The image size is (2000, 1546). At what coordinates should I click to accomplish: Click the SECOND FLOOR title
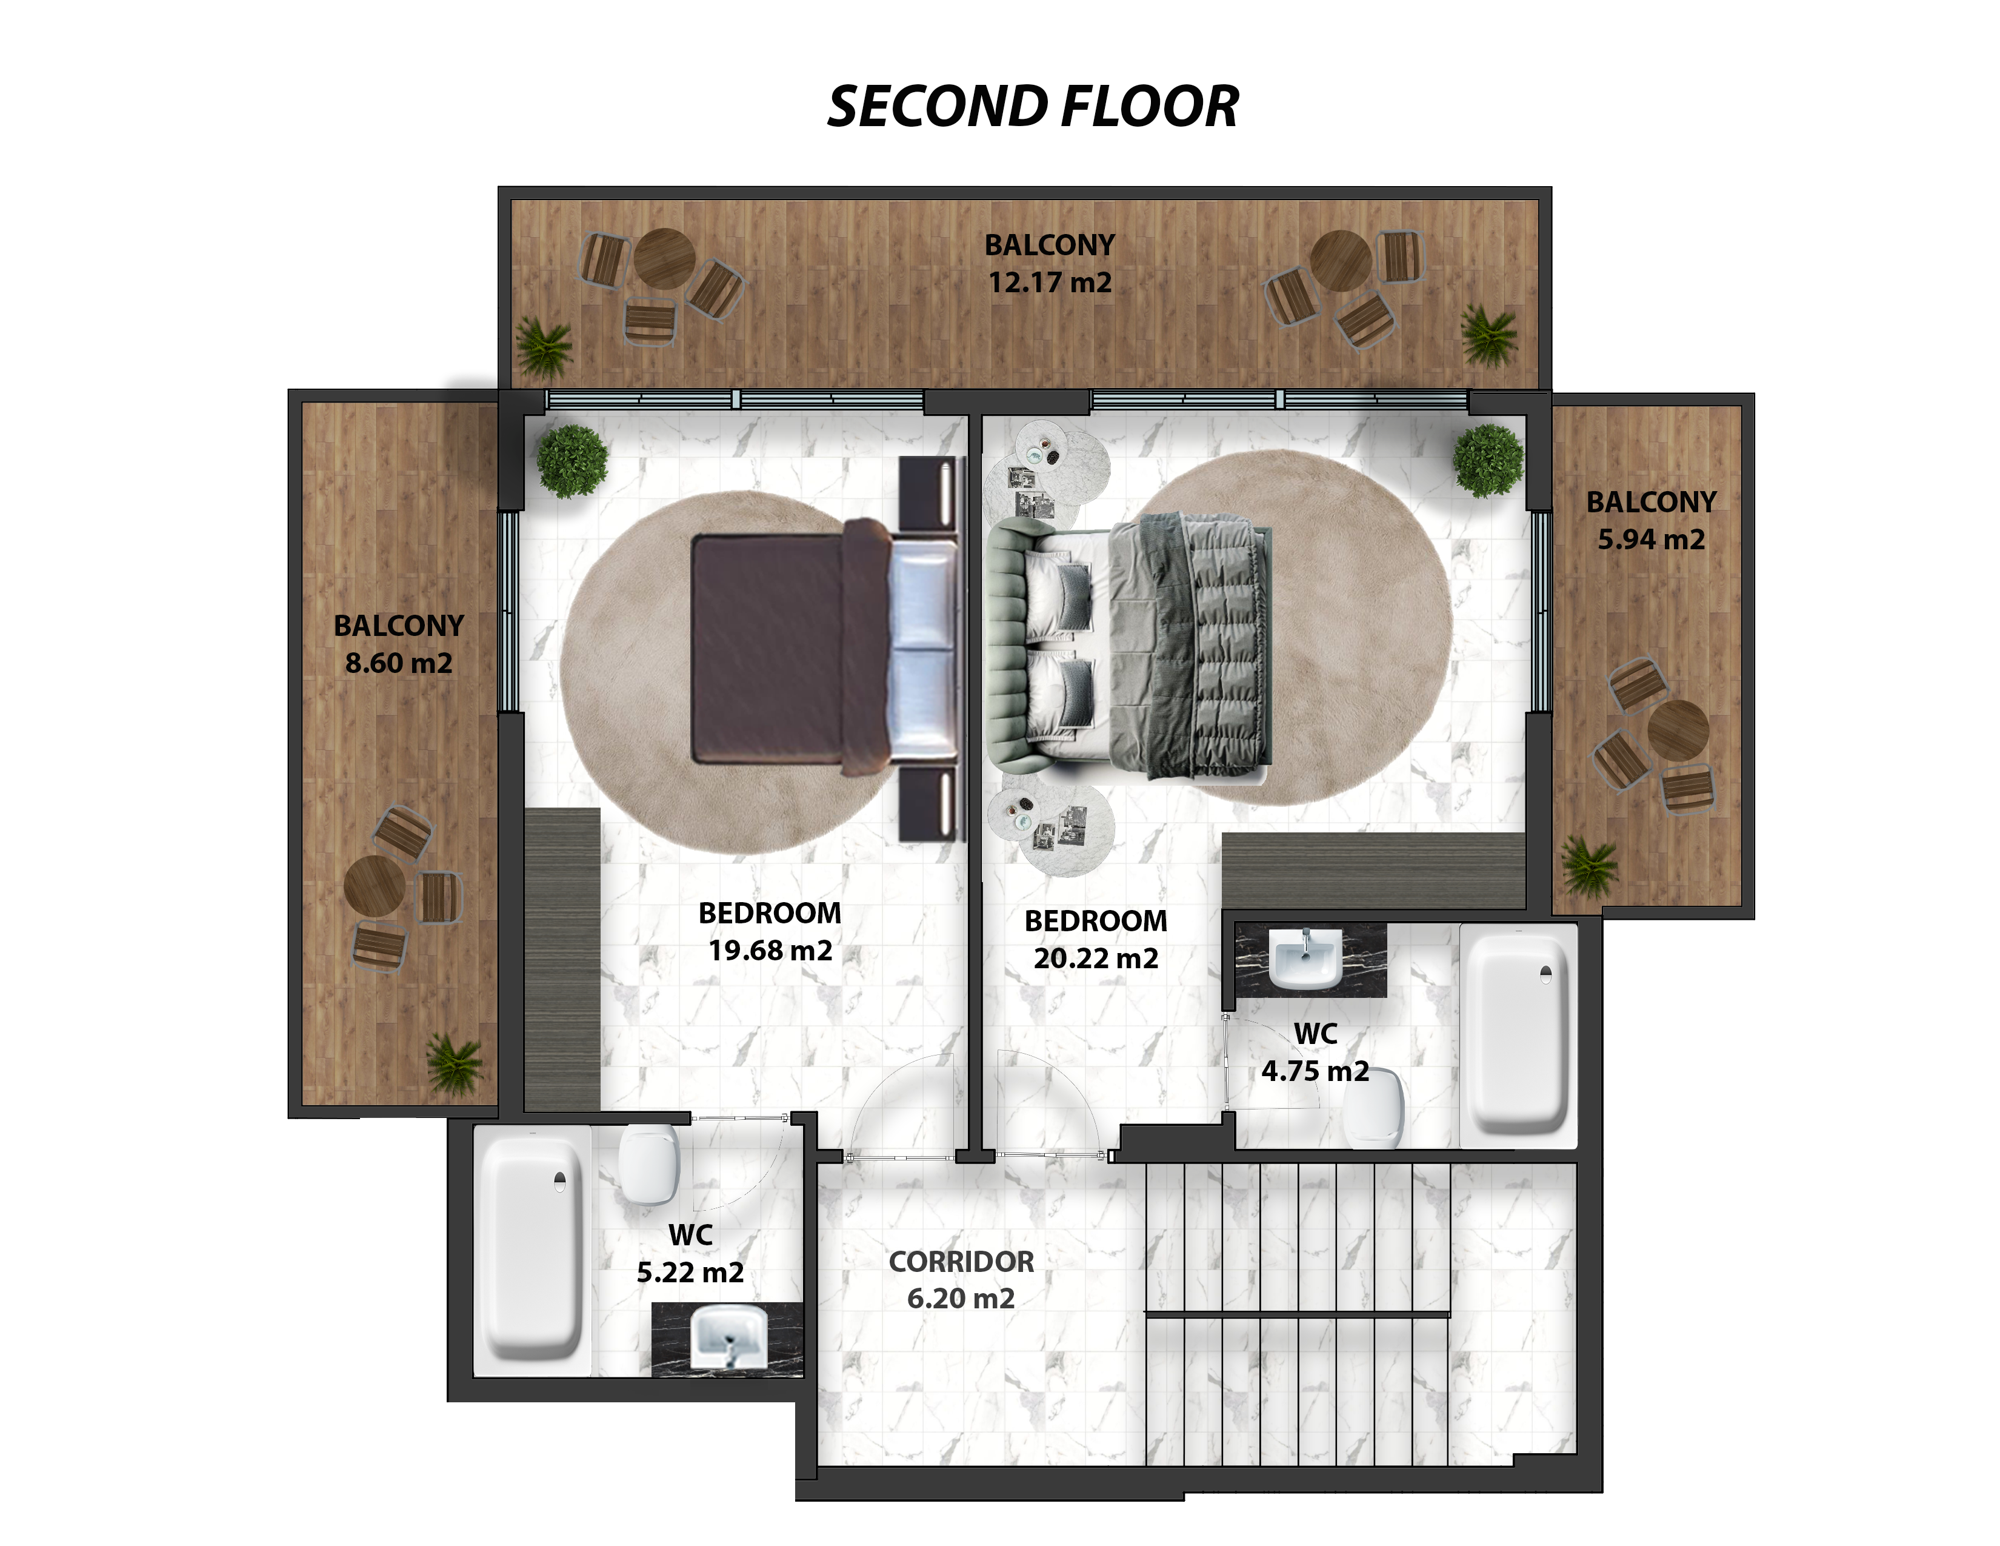(1033, 106)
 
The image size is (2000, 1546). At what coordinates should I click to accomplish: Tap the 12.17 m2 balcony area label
(1050, 282)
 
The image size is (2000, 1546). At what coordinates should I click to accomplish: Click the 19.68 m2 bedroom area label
(770, 950)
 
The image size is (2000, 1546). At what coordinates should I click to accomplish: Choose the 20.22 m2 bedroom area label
(1096, 958)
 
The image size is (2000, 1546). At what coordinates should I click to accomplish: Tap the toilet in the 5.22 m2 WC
(648, 1164)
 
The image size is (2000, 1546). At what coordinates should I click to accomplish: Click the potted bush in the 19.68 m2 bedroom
(572, 461)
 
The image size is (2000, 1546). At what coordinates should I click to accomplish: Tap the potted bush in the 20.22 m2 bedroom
(1488, 460)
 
